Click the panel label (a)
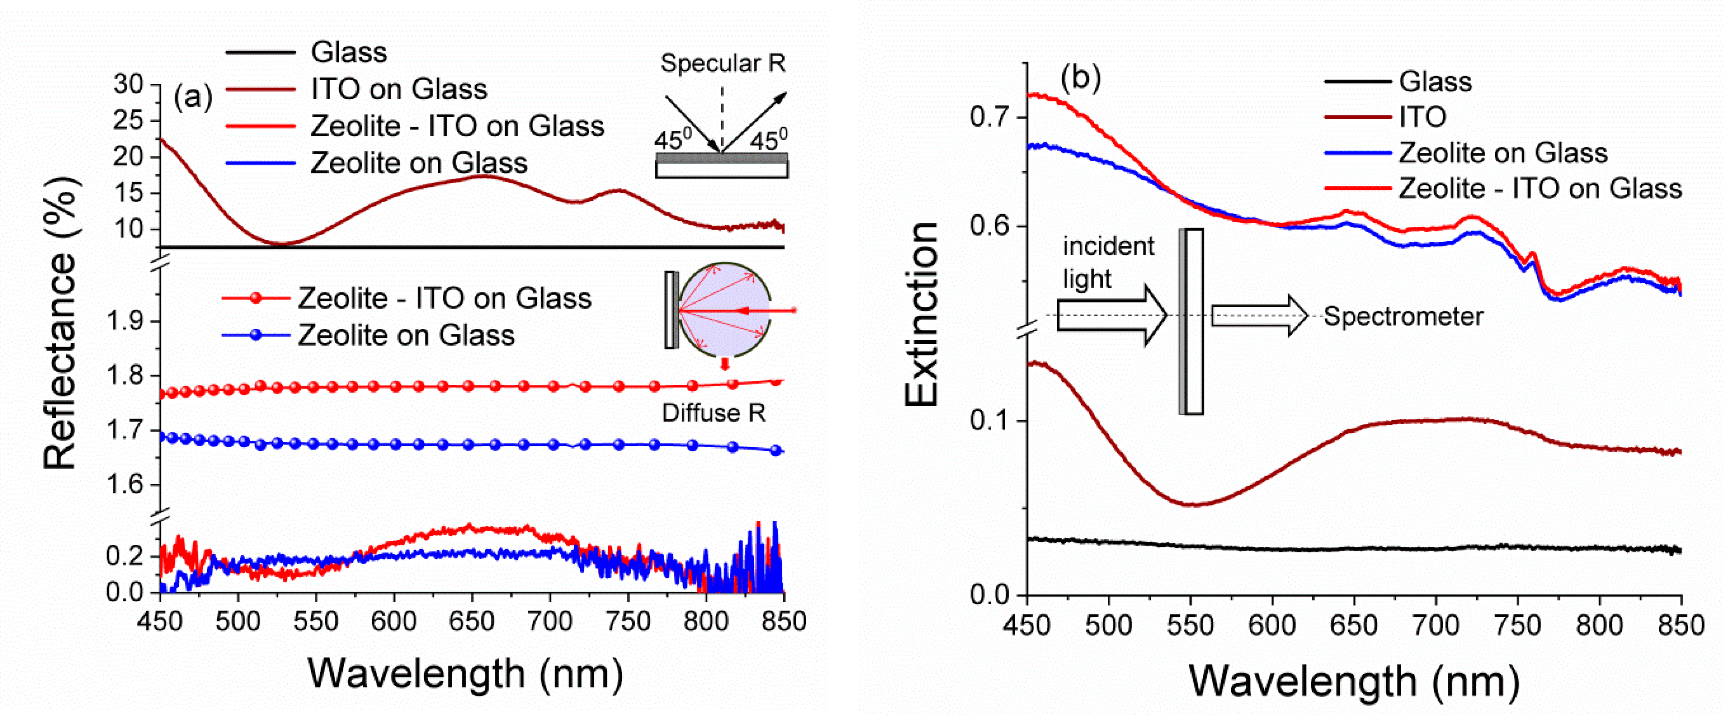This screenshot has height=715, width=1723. pyautogui.click(x=193, y=98)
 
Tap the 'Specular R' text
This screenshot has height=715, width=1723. pyautogui.click(x=722, y=63)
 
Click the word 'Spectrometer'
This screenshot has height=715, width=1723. pyautogui.click(x=1403, y=316)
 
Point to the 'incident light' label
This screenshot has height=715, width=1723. pyautogui.click(x=1108, y=262)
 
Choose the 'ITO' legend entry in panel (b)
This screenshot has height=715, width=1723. pyautogui.click(x=1423, y=117)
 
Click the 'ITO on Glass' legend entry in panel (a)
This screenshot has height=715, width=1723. pyautogui.click(x=399, y=89)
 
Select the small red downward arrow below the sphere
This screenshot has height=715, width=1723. pyautogui.click(x=724, y=365)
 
